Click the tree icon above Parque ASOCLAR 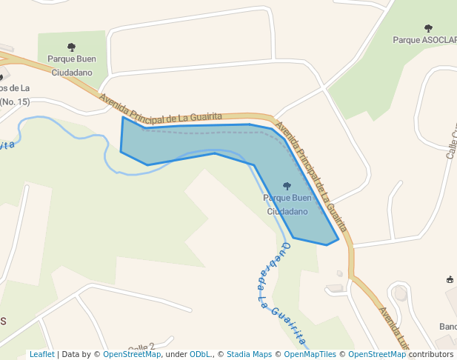pyautogui.click(x=428, y=29)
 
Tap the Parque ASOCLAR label pyautogui.click(x=424, y=40)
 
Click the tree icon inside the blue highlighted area pyautogui.click(x=287, y=186)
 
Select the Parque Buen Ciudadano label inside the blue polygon pyautogui.click(x=287, y=204)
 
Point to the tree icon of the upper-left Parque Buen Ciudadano pyautogui.click(x=71, y=47)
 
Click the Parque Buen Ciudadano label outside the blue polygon pyautogui.click(x=71, y=65)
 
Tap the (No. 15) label pyautogui.click(x=15, y=101)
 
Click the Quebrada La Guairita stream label pyautogui.click(x=280, y=292)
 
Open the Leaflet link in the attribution pyautogui.click(x=41, y=354)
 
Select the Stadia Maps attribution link pyautogui.click(x=249, y=354)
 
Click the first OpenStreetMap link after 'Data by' pyautogui.click(x=132, y=354)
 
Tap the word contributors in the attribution pyautogui.click(x=431, y=354)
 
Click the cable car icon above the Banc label pyautogui.click(x=450, y=279)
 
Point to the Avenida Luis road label pyautogui.click(x=395, y=330)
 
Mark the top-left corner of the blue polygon pyautogui.click(x=123, y=117)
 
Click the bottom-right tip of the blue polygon pyautogui.click(x=338, y=239)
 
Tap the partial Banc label pyautogui.click(x=447, y=327)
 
